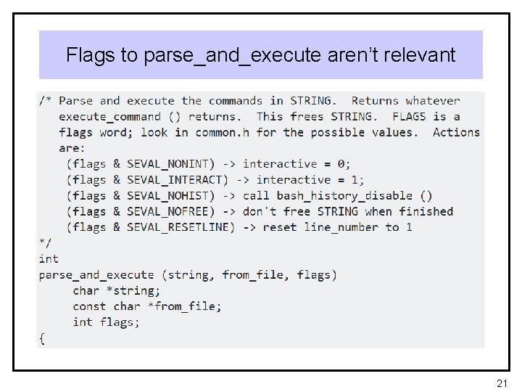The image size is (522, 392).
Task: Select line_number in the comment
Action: (345, 227)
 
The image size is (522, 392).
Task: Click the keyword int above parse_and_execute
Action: (49, 259)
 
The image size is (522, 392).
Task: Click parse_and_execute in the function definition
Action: (96, 275)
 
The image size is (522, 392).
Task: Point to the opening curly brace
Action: (42, 338)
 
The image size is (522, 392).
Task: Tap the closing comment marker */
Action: (46, 243)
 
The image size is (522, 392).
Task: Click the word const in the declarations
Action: (89, 306)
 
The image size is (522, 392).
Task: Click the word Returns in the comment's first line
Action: (375, 101)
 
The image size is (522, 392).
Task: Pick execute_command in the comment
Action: (109, 117)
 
